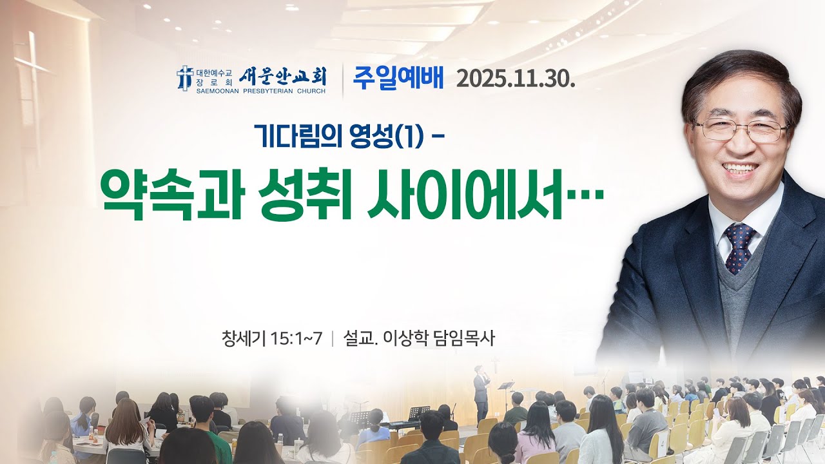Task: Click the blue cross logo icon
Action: pos(185,77)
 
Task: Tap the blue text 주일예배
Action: pos(398,78)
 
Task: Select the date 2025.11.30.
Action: pos(515,79)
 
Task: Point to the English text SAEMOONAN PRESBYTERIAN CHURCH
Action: pos(261,92)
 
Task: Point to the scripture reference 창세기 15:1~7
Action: pos(271,338)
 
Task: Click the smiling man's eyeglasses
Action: pos(741,129)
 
